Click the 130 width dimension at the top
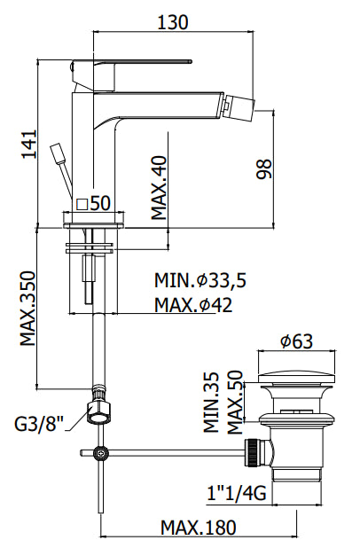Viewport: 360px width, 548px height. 173,22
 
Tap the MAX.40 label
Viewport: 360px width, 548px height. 158,187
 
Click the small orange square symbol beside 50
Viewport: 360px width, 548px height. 82,203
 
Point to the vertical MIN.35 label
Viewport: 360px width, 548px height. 210,403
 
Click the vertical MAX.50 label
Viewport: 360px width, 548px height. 234,403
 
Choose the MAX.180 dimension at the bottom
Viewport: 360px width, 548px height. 198,527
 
